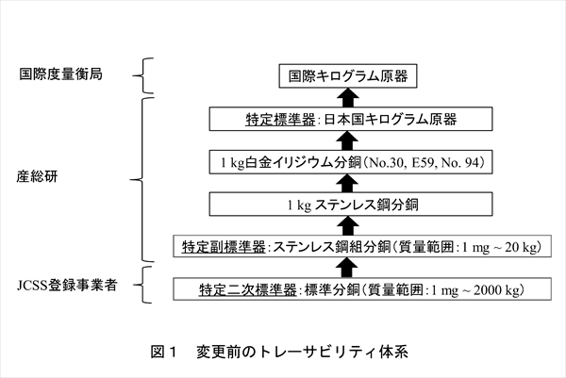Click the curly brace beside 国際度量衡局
(x=144, y=74)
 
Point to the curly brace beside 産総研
(x=144, y=174)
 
